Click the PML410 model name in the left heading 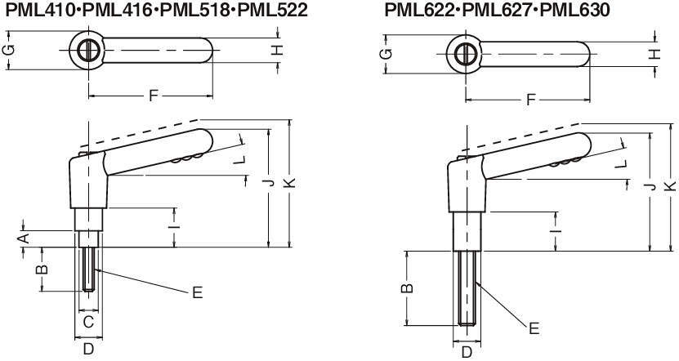coord(42,10)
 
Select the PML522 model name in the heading coord(273,10)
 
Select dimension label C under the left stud coord(88,322)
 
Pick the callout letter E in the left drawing coord(197,292)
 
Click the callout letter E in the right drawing coord(534,328)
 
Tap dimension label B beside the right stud coord(407,287)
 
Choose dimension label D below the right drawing coord(467,352)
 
